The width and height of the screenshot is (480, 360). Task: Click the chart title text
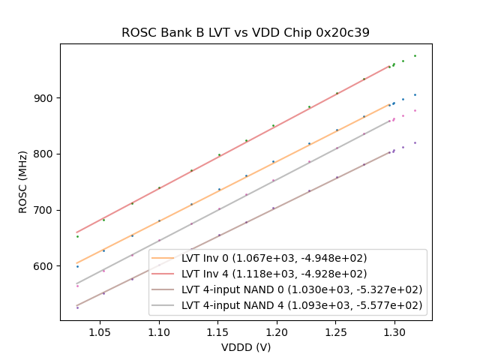click(245, 33)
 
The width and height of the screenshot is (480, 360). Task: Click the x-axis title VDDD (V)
click(245, 347)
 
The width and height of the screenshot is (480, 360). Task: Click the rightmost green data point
click(415, 55)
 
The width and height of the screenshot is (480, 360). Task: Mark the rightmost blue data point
click(415, 94)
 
